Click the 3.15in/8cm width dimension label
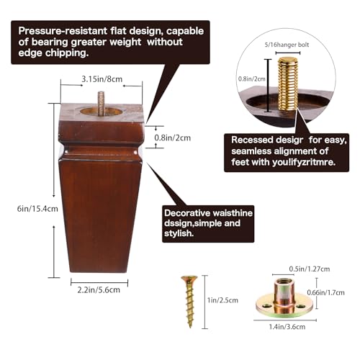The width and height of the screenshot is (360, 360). [x=102, y=79]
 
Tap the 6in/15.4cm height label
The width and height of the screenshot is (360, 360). [x=37, y=209]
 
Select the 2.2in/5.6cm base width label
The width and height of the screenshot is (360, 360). [x=99, y=289]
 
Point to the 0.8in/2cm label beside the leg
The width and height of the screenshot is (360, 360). [x=173, y=138]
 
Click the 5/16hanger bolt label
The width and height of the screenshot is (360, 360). [x=287, y=45]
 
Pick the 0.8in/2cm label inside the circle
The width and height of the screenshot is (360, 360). [x=252, y=78]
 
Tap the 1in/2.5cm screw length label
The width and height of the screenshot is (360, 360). [x=222, y=300]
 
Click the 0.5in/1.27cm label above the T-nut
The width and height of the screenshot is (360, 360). [x=310, y=269]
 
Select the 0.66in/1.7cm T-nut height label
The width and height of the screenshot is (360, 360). [x=326, y=292]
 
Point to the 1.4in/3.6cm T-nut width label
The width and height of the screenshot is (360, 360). [x=287, y=327]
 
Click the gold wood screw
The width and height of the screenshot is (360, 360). [x=189, y=302]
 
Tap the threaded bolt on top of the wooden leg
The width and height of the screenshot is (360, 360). [x=101, y=103]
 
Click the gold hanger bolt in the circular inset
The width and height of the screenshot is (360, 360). [x=288, y=84]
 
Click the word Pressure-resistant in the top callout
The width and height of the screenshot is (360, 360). [x=63, y=31]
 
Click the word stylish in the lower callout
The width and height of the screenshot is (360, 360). [x=179, y=233]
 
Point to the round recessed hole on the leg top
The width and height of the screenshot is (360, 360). [x=103, y=112]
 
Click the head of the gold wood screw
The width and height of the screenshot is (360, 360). [x=189, y=279]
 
